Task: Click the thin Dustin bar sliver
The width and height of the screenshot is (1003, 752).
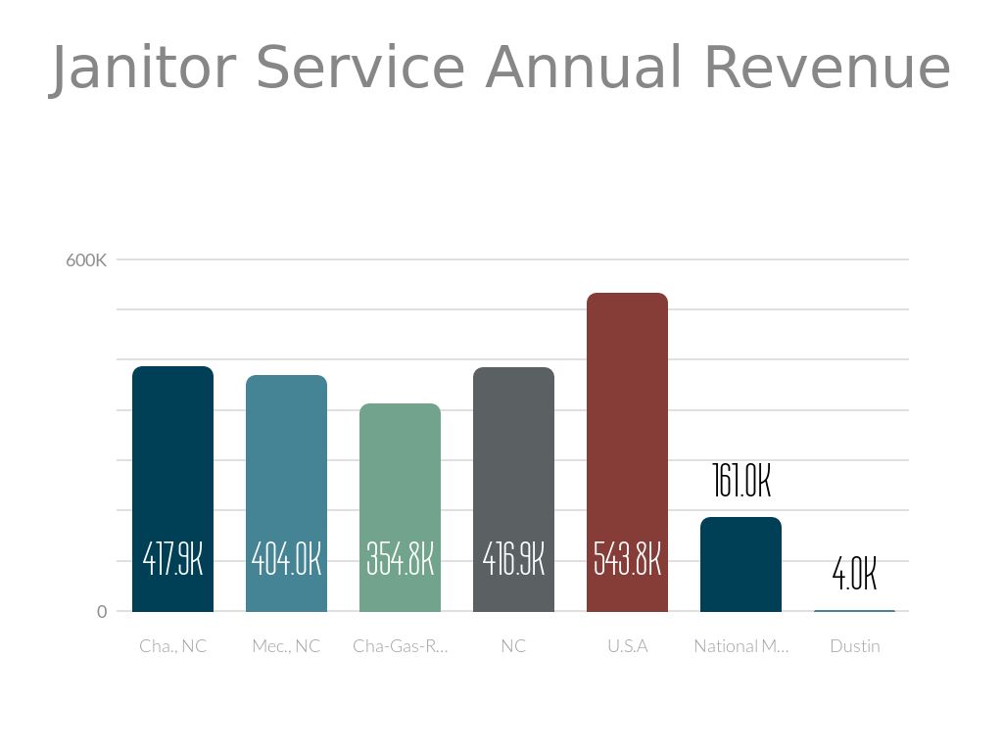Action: (x=854, y=611)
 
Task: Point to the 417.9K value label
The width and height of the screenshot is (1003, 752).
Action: (x=172, y=560)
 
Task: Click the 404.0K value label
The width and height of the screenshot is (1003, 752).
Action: (x=286, y=560)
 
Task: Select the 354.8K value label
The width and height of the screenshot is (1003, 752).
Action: (x=400, y=560)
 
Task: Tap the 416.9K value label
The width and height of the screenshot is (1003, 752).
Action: (x=513, y=560)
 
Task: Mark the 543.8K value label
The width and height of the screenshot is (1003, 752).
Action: (x=627, y=560)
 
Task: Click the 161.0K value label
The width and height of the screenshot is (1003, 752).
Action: (x=741, y=482)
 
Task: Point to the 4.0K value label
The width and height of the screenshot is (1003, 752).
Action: (x=854, y=576)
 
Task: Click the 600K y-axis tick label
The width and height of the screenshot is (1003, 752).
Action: (x=86, y=260)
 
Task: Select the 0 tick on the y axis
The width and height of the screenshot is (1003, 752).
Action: (x=102, y=612)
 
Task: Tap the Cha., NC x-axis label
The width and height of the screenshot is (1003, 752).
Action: (x=172, y=646)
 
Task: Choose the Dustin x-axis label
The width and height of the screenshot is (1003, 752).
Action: (x=854, y=646)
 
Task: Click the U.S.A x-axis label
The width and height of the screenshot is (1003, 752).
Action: (x=627, y=646)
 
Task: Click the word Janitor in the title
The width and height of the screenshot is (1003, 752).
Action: (x=143, y=69)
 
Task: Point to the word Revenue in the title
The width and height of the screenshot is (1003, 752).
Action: (x=826, y=69)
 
